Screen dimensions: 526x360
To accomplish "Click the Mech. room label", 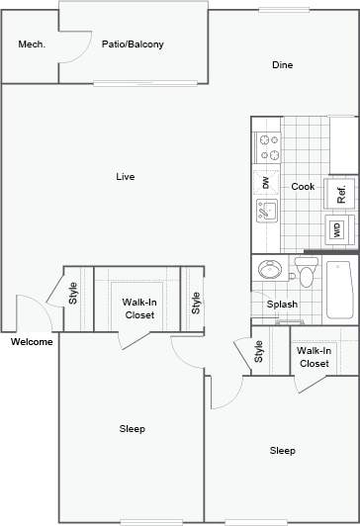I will (x=32, y=44).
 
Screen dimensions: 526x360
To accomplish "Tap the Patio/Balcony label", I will (x=133, y=44).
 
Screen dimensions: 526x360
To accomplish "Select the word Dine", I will (x=283, y=65).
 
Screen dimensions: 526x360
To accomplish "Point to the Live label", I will (x=125, y=177).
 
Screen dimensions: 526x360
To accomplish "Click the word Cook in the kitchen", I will (x=302, y=186).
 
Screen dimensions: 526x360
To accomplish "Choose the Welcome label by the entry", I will (x=32, y=342).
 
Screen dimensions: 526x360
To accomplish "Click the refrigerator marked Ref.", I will (x=339, y=194).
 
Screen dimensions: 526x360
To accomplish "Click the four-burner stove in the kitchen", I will (x=268, y=147).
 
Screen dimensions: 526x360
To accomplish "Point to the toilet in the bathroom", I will (x=305, y=272).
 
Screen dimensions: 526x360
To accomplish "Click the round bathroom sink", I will (x=268, y=270).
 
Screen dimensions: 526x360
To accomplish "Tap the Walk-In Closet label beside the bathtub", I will (x=314, y=357).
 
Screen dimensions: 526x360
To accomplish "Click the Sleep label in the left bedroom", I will (x=133, y=428).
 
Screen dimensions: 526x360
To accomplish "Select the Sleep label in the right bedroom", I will (x=283, y=451).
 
